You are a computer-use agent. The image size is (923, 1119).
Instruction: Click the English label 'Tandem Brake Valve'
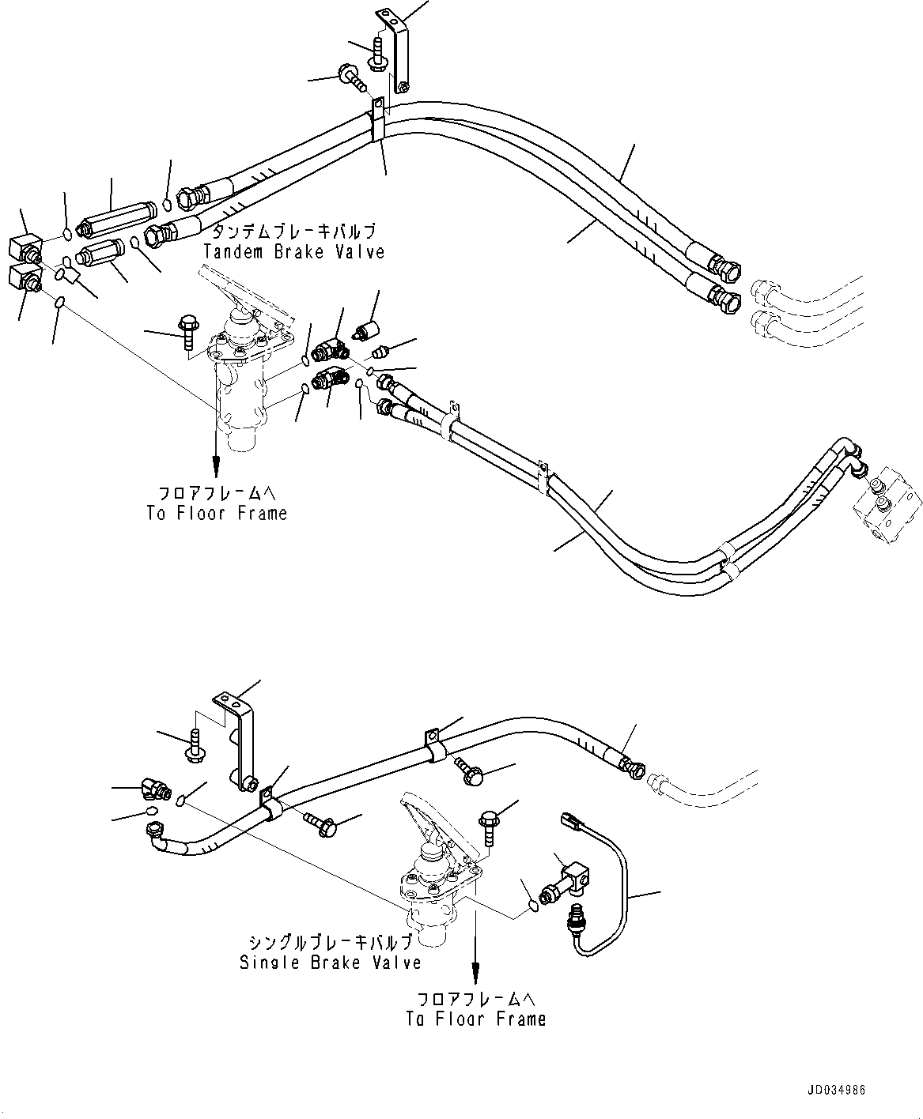[293, 251]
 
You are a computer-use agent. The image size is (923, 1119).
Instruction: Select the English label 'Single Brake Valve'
[330, 962]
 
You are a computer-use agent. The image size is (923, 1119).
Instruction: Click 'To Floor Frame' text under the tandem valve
[216, 513]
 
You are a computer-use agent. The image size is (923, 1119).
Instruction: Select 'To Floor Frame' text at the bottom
[476, 1019]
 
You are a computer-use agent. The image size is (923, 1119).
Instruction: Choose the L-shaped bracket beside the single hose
[240, 743]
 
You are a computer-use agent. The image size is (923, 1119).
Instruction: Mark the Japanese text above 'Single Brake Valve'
[330, 943]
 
